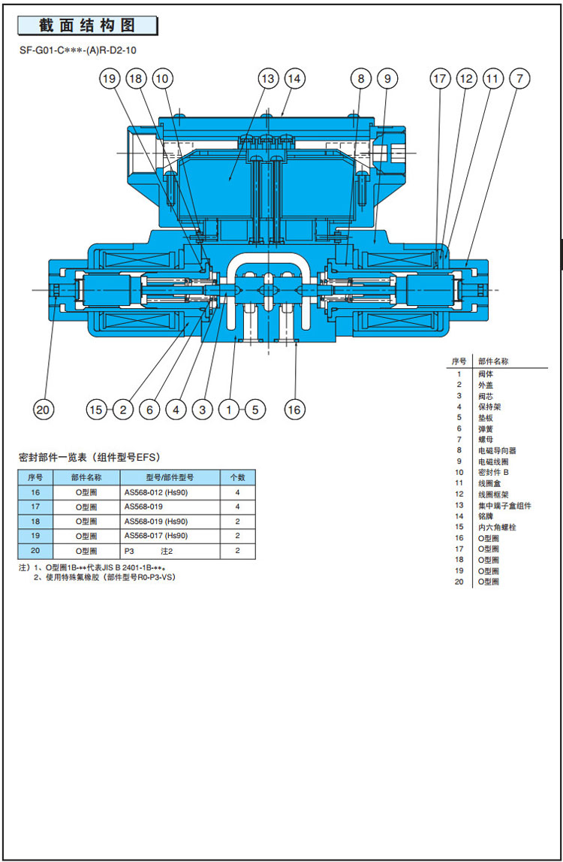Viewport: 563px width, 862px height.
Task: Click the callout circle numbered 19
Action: coord(110,78)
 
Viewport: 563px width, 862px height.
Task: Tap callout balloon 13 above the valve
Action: coord(268,78)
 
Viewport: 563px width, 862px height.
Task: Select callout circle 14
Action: coord(294,78)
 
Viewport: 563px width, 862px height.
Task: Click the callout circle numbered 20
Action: coord(44,410)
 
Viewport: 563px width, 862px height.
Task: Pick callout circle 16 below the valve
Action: coord(294,410)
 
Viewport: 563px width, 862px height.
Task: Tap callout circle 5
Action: coord(254,410)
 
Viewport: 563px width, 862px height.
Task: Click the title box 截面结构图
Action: coord(88,26)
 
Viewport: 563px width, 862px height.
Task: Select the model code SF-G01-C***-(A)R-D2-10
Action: coord(78,51)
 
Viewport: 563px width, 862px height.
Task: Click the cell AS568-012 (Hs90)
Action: coord(156,492)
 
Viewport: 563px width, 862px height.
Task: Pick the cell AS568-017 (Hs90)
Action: coord(156,535)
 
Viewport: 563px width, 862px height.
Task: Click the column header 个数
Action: coord(236,477)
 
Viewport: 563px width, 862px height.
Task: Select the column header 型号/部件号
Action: coord(169,477)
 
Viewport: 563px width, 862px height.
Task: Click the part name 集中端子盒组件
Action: coord(504,505)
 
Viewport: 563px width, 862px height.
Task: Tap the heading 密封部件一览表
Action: coord(89,456)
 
